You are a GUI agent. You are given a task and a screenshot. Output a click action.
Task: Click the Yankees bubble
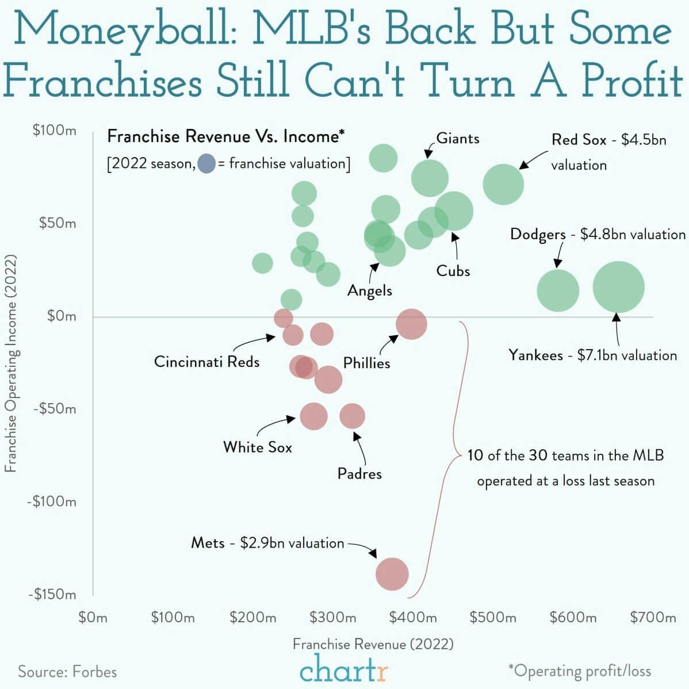click(x=618, y=287)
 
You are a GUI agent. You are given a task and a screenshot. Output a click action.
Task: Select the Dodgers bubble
click(x=558, y=290)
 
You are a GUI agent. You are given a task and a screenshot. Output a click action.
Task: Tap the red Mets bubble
click(x=392, y=573)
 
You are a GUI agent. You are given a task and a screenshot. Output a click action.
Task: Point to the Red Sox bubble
click(x=503, y=184)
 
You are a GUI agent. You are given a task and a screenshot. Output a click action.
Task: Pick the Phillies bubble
click(x=411, y=324)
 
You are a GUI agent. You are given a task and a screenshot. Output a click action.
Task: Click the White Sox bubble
click(x=314, y=416)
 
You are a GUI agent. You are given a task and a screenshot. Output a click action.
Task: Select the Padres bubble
click(x=352, y=416)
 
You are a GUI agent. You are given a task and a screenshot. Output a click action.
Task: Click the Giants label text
click(x=458, y=139)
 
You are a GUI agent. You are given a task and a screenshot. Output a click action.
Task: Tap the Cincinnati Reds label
click(x=206, y=362)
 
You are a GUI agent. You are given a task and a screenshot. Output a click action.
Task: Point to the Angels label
click(x=369, y=291)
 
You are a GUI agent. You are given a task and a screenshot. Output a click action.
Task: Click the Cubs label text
click(x=453, y=271)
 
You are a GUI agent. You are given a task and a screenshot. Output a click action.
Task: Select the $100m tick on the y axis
click(x=55, y=131)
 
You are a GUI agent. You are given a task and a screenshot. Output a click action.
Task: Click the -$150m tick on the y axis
click(x=52, y=595)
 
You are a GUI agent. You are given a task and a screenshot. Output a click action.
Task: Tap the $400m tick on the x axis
click(x=413, y=618)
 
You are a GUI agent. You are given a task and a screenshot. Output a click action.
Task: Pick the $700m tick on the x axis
click(x=653, y=618)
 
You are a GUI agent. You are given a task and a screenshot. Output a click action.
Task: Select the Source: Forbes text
click(x=67, y=672)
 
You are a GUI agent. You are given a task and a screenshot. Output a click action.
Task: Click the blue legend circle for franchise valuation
click(x=206, y=164)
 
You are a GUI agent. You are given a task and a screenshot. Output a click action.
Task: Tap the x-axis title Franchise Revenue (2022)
click(x=373, y=644)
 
